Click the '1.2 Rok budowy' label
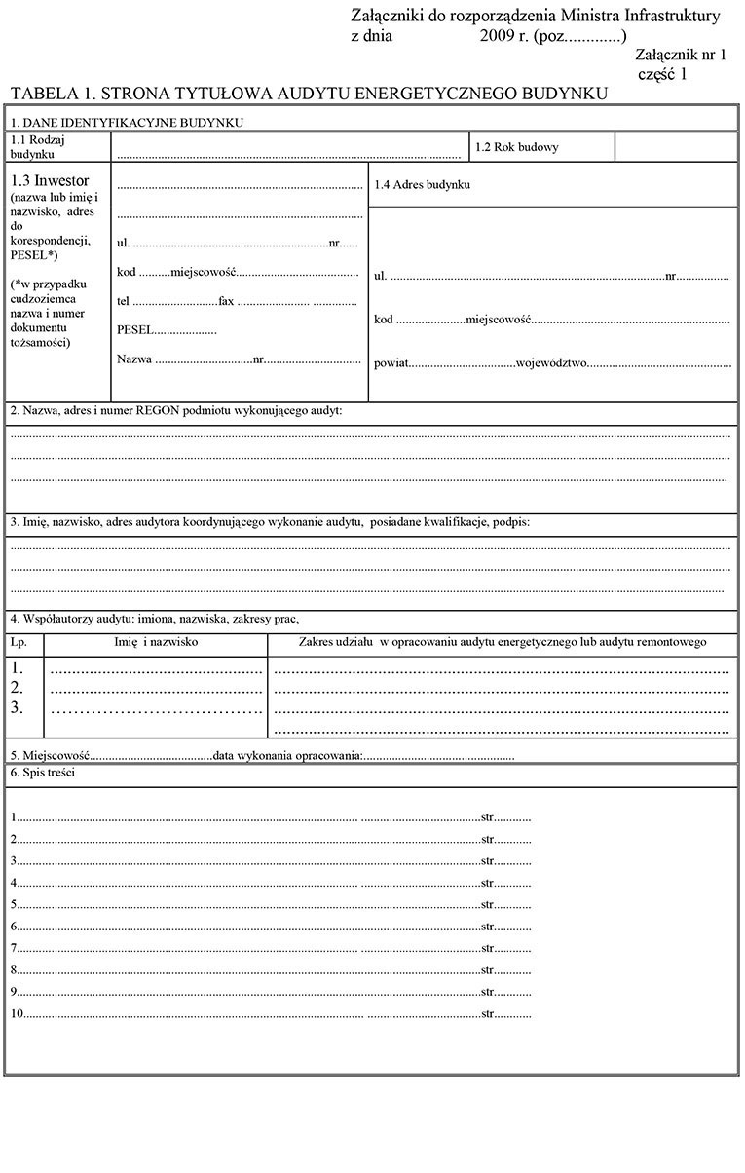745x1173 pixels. (x=517, y=148)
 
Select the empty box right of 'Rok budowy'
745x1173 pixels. (x=676, y=148)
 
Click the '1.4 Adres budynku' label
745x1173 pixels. (x=423, y=184)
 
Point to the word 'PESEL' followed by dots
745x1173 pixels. (x=134, y=330)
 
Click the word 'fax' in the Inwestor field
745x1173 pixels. (x=227, y=302)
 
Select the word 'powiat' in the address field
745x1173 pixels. (x=390, y=363)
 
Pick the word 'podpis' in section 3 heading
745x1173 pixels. (x=514, y=523)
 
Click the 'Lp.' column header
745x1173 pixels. (x=19, y=643)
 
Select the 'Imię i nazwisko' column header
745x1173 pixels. (x=156, y=643)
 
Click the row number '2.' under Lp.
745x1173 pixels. (x=17, y=688)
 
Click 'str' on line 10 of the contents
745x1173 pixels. (x=488, y=1014)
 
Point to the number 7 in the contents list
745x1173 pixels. (x=14, y=948)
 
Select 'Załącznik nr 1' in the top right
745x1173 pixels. (x=680, y=57)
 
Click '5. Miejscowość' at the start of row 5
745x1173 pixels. (x=50, y=755)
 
